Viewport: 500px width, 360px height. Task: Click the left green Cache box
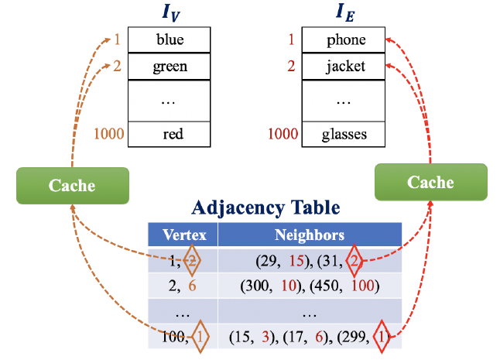72,185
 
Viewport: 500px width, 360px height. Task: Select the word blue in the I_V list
170,39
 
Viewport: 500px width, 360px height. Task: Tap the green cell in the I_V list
170,66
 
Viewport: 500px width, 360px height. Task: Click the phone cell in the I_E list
346,39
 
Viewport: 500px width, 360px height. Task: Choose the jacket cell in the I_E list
346,66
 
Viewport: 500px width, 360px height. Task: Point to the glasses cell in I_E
344,135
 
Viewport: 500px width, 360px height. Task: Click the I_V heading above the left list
169,13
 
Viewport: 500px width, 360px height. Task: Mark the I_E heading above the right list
344,13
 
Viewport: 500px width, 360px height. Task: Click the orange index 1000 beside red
109,135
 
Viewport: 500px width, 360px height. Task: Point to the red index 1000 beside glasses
283,135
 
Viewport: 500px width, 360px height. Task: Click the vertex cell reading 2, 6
183,286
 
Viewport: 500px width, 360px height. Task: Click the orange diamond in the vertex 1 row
193,261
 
